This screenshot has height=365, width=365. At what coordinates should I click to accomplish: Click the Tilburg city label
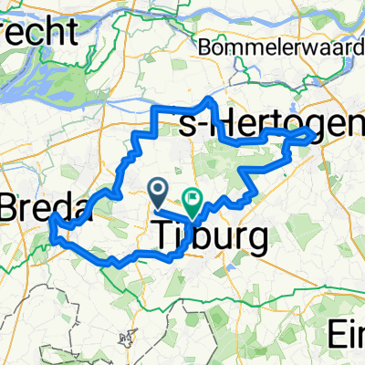point(210,238)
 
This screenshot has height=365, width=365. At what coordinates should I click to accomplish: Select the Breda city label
point(46,206)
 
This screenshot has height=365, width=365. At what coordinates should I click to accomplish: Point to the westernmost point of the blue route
point(53,219)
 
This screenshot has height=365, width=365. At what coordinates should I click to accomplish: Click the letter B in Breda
point(12,206)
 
